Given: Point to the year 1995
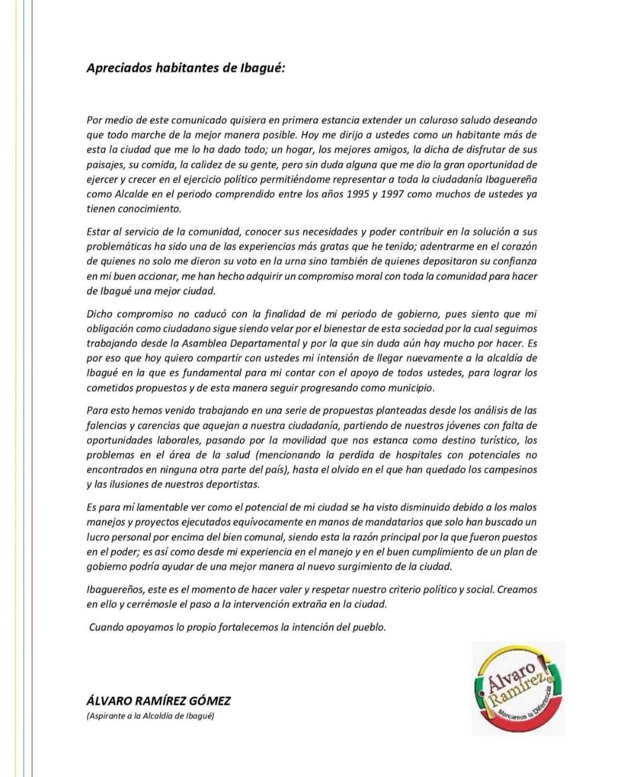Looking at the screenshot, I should coord(358,194).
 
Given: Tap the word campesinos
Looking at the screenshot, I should coord(510,470).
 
